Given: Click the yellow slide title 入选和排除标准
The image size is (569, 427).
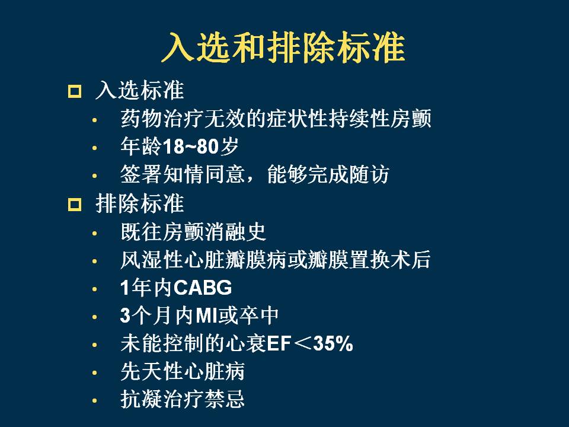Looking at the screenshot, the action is pyautogui.click(x=283, y=47).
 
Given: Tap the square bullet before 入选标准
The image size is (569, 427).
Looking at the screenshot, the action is pyautogui.click(x=75, y=91).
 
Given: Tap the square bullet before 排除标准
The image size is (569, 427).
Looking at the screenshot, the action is pyautogui.click(x=75, y=205).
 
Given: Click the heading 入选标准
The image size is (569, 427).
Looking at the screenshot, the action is pyautogui.click(x=140, y=90).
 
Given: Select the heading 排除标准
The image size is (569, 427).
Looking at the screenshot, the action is pyautogui.click(x=140, y=203).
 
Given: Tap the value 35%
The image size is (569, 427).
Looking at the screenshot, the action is pyautogui.click(x=333, y=344).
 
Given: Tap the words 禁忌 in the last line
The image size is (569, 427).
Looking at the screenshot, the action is pyautogui.click(x=225, y=399).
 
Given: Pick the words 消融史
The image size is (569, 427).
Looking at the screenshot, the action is pyautogui.click(x=235, y=232).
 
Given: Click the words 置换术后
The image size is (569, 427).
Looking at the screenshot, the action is pyautogui.click(x=390, y=260).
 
